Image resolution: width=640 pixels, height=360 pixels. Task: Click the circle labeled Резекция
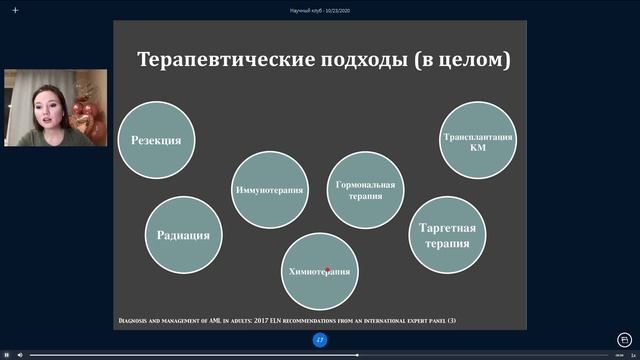[x=156, y=140]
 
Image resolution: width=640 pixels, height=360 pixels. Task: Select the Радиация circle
[x=183, y=236]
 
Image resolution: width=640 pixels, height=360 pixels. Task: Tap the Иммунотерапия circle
[x=270, y=190]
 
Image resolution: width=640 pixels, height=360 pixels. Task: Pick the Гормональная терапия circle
[x=365, y=190]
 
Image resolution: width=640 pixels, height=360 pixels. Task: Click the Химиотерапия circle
[x=319, y=271]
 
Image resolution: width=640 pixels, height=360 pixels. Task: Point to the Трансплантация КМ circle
[x=478, y=140]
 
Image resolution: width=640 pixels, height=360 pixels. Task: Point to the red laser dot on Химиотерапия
[x=327, y=269]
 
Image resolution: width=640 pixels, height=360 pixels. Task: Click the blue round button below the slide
[x=320, y=340]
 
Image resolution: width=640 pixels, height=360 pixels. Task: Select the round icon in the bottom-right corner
[x=625, y=339]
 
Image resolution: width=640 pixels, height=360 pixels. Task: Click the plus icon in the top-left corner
[x=15, y=10]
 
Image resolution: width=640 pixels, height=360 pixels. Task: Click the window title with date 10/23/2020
[x=320, y=10]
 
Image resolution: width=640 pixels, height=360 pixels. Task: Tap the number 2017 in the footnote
[x=251, y=320]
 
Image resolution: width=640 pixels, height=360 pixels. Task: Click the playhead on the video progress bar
[x=358, y=354]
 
